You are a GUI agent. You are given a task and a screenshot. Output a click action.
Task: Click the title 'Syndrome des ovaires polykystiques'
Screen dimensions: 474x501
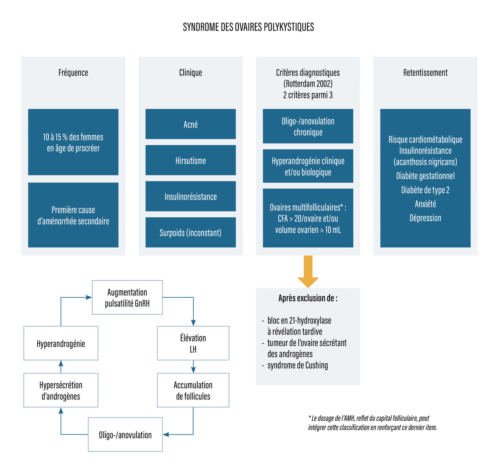click(249, 27)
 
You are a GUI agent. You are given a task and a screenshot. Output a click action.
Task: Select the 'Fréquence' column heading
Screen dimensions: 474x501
click(73, 72)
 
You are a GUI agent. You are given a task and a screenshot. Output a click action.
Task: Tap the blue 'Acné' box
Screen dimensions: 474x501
click(191, 124)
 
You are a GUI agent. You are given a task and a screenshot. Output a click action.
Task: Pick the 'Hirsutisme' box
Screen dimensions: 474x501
click(191, 160)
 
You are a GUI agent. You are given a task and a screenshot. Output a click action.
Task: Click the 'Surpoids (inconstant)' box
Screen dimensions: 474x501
click(191, 233)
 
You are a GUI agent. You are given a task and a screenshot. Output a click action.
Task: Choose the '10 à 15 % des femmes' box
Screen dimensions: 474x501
click(73, 142)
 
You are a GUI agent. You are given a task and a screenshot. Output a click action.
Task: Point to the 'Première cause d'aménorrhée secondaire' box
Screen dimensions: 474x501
click(73, 215)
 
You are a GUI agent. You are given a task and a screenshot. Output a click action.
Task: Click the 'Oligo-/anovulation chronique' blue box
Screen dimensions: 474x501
click(308, 127)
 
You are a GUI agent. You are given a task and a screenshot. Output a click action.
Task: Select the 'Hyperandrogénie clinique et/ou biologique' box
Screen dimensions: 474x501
click(308, 166)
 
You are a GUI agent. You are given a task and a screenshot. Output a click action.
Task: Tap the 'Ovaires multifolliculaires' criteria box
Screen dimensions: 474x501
click(308, 218)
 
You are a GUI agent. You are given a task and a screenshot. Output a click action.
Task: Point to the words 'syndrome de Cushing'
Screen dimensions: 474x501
click(297, 365)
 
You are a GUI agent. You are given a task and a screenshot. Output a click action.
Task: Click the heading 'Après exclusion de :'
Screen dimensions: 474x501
click(308, 298)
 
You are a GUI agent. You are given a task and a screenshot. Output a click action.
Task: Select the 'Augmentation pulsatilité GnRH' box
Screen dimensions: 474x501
click(127, 297)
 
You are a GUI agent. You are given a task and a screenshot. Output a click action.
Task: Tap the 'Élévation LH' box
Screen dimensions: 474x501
click(193, 343)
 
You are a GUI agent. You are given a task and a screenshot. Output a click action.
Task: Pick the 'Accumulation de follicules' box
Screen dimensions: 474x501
click(193, 390)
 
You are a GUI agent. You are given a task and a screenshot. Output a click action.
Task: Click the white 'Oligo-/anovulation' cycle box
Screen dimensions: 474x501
click(125, 434)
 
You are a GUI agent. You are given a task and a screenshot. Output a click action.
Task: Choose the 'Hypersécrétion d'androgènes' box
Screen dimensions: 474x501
click(61, 390)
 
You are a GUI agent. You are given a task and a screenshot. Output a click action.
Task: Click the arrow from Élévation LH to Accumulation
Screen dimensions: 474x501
click(193, 367)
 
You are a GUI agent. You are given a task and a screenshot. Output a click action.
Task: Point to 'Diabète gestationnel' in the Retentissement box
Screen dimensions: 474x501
click(425, 176)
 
